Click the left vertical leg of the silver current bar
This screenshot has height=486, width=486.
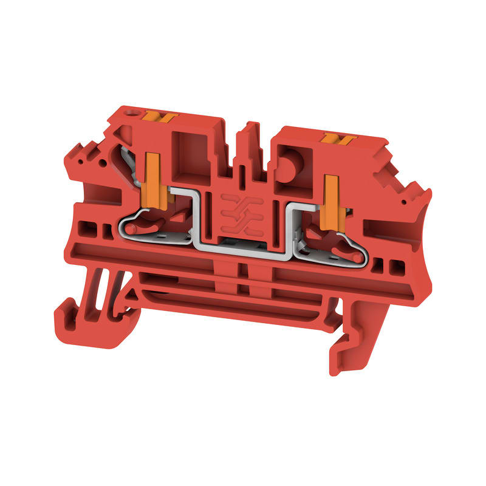[x=196, y=219]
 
